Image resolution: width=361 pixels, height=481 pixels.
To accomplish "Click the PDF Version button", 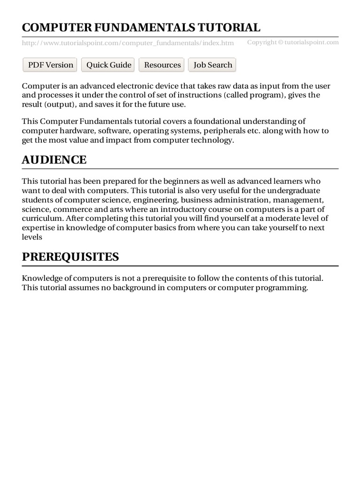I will (x=51, y=65).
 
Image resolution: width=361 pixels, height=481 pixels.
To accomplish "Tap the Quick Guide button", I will (x=109, y=65).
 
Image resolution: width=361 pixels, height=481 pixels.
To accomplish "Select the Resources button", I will (x=162, y=65).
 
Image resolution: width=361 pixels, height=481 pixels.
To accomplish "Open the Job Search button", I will (x=212, y=65).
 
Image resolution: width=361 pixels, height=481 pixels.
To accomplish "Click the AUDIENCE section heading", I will (x=54, y=160).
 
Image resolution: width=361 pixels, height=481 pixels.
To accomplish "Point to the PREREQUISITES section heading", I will (x=70, y=257).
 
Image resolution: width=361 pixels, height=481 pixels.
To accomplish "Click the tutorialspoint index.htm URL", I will (x=128, y=43).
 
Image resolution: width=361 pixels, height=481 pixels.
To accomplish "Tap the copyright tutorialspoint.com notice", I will (x=293, y=42).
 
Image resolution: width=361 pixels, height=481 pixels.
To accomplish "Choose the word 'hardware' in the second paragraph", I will (x=75, y=131).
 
